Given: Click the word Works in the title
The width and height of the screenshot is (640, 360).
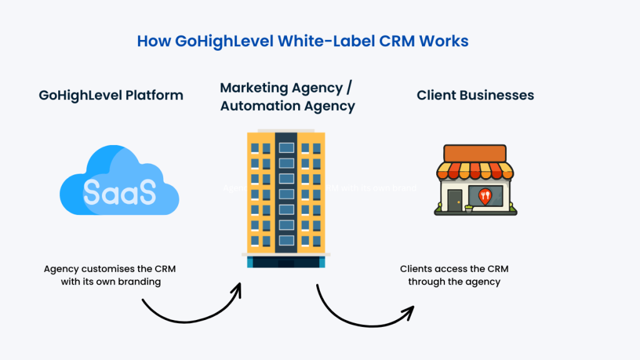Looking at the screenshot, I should coord(444,42).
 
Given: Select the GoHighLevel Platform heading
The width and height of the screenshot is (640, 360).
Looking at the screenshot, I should coord(111,96).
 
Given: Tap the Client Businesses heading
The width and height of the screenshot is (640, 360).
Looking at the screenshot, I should coord(475,96).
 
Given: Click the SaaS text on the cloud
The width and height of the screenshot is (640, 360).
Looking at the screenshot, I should coord(119,192).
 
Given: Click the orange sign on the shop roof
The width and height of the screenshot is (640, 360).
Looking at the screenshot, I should coord(475,153).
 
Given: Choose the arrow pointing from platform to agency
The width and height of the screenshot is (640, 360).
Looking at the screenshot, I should coord(194,306).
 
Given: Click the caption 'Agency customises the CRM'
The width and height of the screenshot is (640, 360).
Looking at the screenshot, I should coord(109,269).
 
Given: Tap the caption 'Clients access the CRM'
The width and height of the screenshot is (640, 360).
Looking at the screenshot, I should coord(454,269).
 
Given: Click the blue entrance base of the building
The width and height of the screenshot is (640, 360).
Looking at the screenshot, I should coord(286,262).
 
